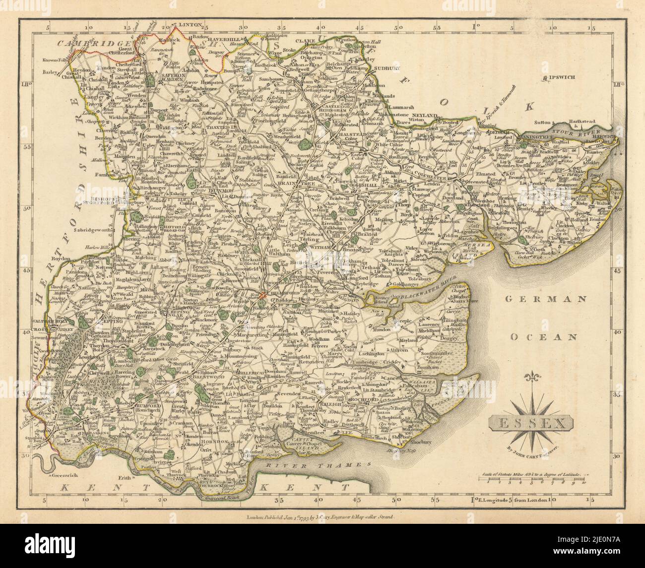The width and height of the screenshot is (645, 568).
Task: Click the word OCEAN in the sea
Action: (544, 336)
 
